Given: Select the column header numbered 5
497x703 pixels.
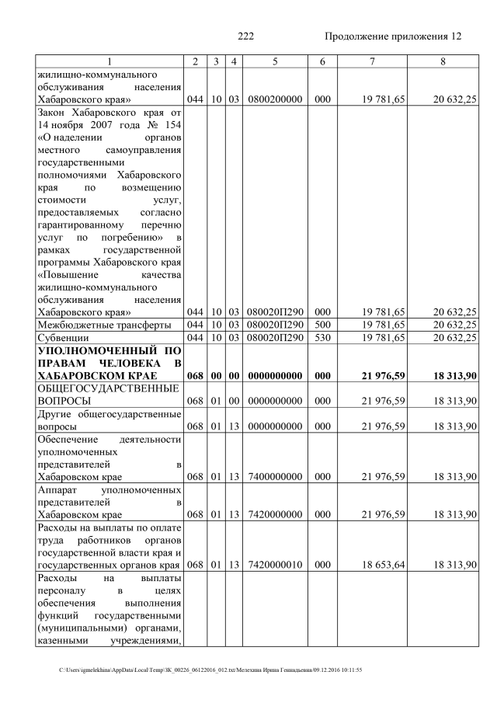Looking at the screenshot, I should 275,61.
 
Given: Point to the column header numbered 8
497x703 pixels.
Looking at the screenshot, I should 443,61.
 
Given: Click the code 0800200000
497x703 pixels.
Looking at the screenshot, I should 275,100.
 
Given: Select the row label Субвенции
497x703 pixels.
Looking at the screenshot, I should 62,338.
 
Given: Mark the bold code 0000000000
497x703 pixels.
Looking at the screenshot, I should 275,377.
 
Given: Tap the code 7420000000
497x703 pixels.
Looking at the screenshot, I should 275,514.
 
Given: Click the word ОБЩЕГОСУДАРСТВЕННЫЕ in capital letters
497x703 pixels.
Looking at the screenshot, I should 109,388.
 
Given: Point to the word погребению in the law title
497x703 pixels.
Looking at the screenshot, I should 128,237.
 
